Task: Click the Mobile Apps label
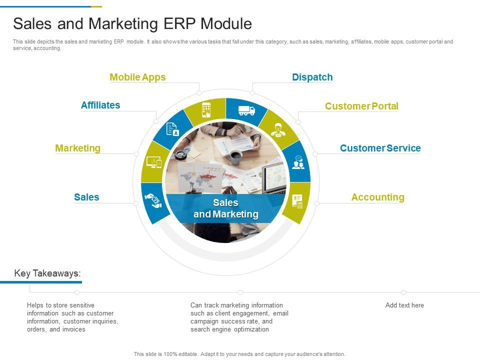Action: coord(137,77)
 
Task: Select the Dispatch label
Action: coord(312,77)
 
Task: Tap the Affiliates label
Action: coord(100,105)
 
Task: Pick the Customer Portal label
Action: coord(361,106)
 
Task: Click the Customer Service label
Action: coord(380,148)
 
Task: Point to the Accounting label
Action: coord(377,197)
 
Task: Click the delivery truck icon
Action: coord(246,110)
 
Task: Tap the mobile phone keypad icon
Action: coord(206,109)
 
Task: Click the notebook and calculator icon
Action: coord(298,202)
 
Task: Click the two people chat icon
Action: coord(298,162)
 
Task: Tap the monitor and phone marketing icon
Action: coord(153,162)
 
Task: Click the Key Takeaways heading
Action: coord(47,273)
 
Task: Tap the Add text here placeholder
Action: coord(404,305)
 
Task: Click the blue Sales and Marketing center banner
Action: coord(225,208)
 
